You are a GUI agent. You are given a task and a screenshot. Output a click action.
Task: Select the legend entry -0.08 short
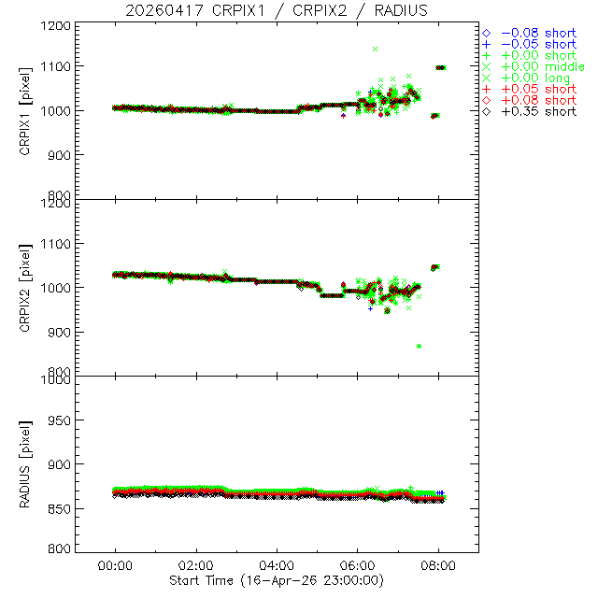pyautogui.click(x=538, y=33)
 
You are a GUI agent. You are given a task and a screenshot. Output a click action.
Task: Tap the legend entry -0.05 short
pyautogui.click(x=538, y=44)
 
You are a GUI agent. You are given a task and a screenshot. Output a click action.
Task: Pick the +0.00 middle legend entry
pyautogui.click(x=543, y=66)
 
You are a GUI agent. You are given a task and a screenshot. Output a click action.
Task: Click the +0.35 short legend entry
pyautogui.click(x=538, y=111)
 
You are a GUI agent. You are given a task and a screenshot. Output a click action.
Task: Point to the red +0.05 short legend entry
pyautogui.click(x=538, y=89)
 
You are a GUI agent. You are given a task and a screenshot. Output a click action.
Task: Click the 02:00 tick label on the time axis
pyautogui.click(x=196, y=565)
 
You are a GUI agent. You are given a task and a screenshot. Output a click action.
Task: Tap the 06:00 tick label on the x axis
pyautogui.click(x=358, y=565)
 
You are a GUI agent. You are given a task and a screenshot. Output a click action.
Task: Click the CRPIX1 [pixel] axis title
pyautogui.click(x=34, y=110)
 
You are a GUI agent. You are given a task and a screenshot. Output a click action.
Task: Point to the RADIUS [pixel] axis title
pyautogui.click(x=34, y=464)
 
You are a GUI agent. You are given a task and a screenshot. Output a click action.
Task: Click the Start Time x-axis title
pyautogui.click(x=277, y=580)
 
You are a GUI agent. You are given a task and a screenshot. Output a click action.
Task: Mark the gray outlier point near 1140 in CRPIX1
pyautogui.click(x=375, y=49)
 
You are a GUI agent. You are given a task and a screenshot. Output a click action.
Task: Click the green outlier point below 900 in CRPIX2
pyautogui.click(x=419, y=347)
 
